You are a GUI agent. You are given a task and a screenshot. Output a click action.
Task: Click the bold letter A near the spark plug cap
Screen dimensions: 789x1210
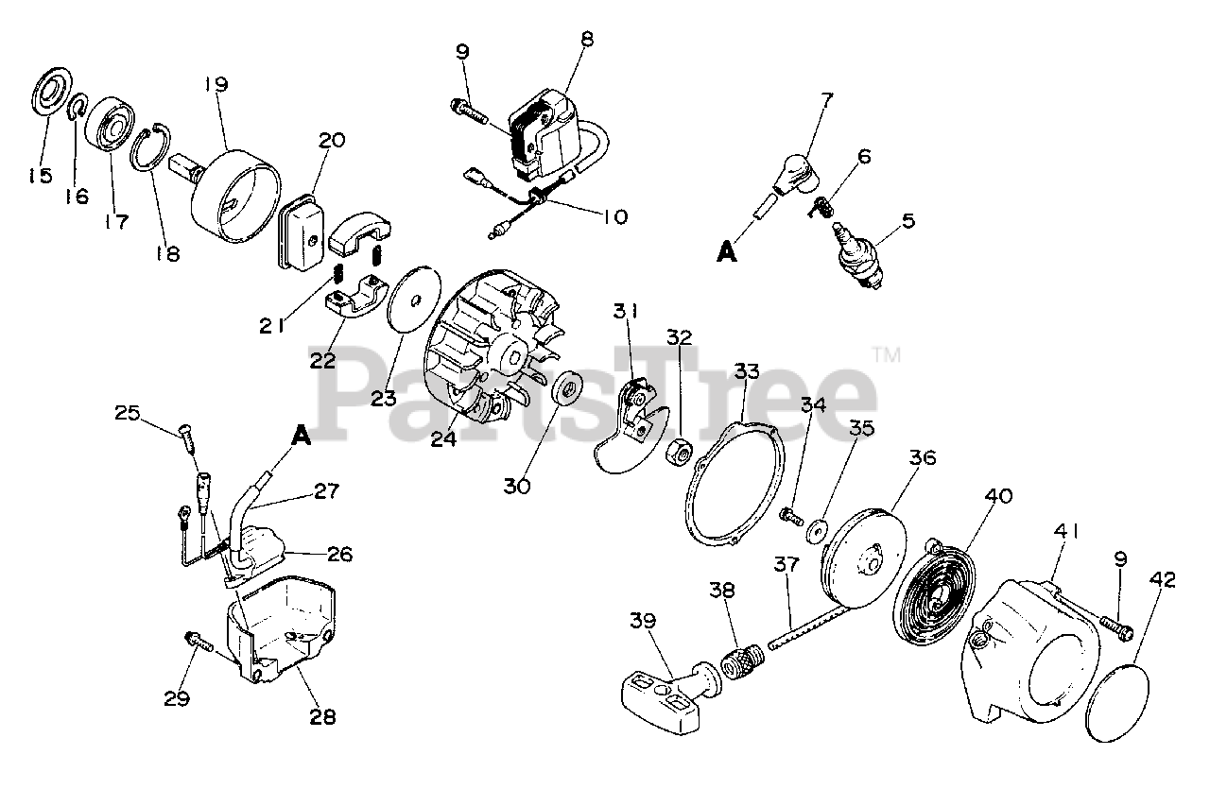tap(726, 252)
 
